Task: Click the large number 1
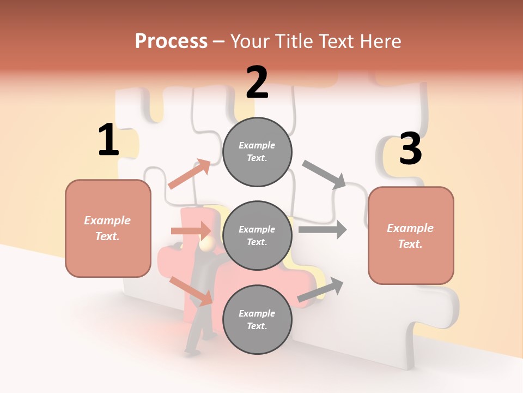coord(108,140)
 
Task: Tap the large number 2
coord(257,82)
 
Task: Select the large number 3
coord(410,149)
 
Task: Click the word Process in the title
coord(171,41)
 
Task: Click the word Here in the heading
coord(381,41)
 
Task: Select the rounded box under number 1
coord(108,228)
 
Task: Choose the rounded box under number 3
coord(411,236)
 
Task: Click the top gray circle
coord(257,151)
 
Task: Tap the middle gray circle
coord(257,235)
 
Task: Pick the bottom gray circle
coord(257,319)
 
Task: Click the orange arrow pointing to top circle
coord(190,174)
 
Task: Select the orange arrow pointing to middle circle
coord(191,231)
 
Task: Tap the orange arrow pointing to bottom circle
coord(191,291)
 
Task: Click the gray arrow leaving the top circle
coord(324,174)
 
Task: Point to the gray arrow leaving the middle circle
coord(323,229)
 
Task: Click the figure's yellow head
coord(206,245)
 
